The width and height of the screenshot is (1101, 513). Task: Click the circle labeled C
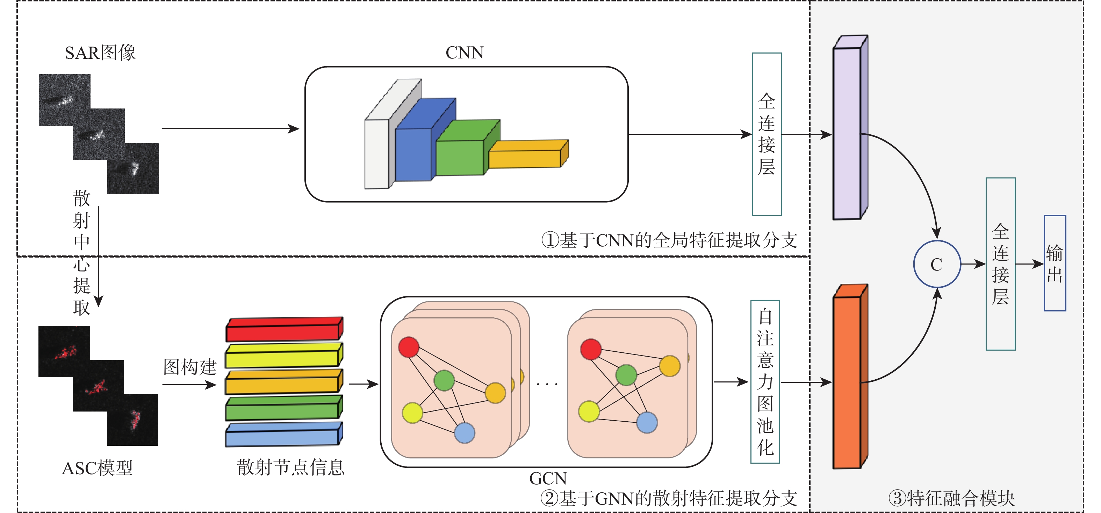coord(936,264)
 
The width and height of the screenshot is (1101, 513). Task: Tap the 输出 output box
coord(1055,263)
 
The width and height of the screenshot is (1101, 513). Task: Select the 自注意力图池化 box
coord(765,382)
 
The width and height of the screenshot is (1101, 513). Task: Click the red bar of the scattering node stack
coord(283,332)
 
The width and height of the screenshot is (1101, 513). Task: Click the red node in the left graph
coord(409,347)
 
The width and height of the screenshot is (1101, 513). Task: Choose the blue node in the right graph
coord(647,422)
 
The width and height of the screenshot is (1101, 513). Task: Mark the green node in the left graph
coord(444,380)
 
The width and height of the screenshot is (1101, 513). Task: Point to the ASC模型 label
coord(98,468)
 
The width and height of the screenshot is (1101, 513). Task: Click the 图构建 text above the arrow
coord(190,367)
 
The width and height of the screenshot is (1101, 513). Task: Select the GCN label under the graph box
coord(548,478)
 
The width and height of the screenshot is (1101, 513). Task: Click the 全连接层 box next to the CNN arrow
coord(767,134)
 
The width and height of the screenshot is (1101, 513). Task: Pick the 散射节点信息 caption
coord(291,467)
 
